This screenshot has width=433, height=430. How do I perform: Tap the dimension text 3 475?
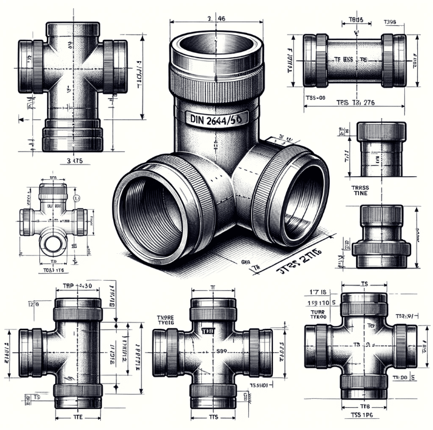click(x=75, y=159)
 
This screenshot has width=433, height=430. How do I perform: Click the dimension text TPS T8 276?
click(x=354, y=103)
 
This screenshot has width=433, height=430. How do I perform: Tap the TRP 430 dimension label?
click(x=78, y=286)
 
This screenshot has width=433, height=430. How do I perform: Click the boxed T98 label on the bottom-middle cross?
click(x=208, y=331)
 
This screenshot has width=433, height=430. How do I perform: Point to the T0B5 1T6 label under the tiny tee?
click(x=53, y=270)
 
